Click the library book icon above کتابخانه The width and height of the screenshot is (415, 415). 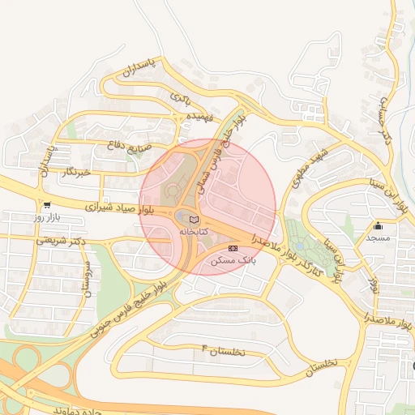193,219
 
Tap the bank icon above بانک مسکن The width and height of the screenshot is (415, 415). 233,248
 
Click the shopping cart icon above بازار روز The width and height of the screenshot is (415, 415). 47,206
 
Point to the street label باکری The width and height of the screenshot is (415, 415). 181,98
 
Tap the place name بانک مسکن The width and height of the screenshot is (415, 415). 233,261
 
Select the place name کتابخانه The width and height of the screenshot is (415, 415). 193,232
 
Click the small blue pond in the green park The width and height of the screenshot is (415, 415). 302,245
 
